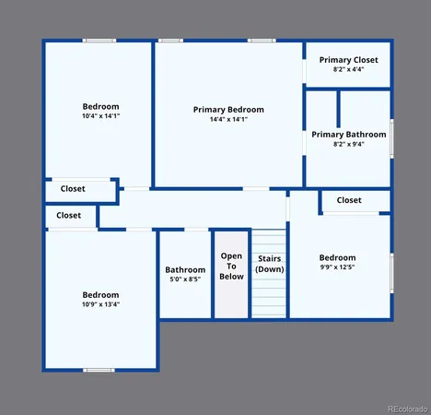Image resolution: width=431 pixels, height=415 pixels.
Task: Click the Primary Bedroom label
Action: [x=228, y=109]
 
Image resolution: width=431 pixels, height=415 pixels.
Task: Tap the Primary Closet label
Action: [x=348, y=60]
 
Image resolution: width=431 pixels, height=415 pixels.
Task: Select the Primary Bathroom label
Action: [x=348, y=134]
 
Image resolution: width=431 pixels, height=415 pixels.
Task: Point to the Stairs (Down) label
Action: [x=270, y=263]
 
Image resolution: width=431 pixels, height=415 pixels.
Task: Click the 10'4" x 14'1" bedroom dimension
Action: [x=100, y=116]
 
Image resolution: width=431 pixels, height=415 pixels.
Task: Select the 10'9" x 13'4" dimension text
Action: [x=100, y=304]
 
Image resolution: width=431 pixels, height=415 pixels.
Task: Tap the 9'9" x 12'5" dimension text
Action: [x=337, y=267]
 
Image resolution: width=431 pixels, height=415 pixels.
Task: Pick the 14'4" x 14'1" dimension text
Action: [x=228, y=119]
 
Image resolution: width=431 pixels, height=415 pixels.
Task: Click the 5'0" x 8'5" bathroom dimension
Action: [x=185, y=279]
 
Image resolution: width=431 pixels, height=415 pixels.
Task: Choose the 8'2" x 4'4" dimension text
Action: [x=348, y=69]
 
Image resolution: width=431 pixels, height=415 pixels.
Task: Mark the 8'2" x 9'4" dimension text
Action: [x=348, y=144]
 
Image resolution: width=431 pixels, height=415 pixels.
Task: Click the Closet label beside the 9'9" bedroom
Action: [x=349, y=200]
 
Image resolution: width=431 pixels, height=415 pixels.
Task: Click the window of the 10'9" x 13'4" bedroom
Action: [x=99, y=370]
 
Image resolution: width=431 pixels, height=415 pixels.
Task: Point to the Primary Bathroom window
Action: [x=391, y=138]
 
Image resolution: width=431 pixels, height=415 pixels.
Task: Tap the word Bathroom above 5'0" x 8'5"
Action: [x=185, y=269]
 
